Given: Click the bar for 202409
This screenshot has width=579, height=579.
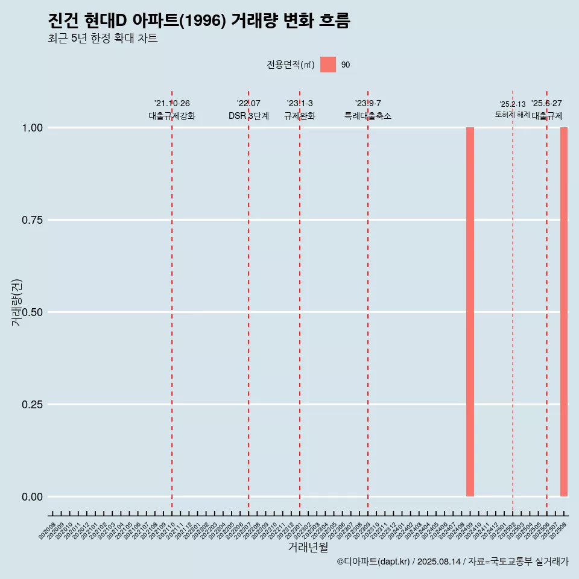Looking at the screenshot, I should coord(470,312).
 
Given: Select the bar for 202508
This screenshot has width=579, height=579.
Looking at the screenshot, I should coord(564,312).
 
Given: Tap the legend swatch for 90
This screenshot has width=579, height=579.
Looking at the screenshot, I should coord(328,65).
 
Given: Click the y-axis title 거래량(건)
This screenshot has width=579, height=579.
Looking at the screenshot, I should coord(16,302).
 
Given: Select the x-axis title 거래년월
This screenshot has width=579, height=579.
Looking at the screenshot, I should coord(308,547).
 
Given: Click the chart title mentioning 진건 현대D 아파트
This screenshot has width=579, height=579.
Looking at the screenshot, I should coord(198,21).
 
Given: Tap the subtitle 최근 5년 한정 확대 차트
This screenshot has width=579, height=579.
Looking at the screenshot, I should coord(103,39).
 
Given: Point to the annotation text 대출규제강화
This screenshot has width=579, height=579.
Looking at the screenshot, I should coord(172,116).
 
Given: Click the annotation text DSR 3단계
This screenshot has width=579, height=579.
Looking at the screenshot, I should coord(248,116).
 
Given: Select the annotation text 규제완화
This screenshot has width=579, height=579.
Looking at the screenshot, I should coord(300,116).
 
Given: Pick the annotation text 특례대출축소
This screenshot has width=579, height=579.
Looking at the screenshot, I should coord(368,116).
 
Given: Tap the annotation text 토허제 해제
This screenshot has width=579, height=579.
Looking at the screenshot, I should coord(513,114).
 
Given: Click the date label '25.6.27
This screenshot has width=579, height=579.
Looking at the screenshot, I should coord(546,103).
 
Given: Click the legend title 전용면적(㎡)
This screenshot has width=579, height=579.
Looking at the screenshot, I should coord(291,65).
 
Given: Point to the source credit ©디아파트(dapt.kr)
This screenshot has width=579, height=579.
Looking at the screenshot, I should coord(374,562).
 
